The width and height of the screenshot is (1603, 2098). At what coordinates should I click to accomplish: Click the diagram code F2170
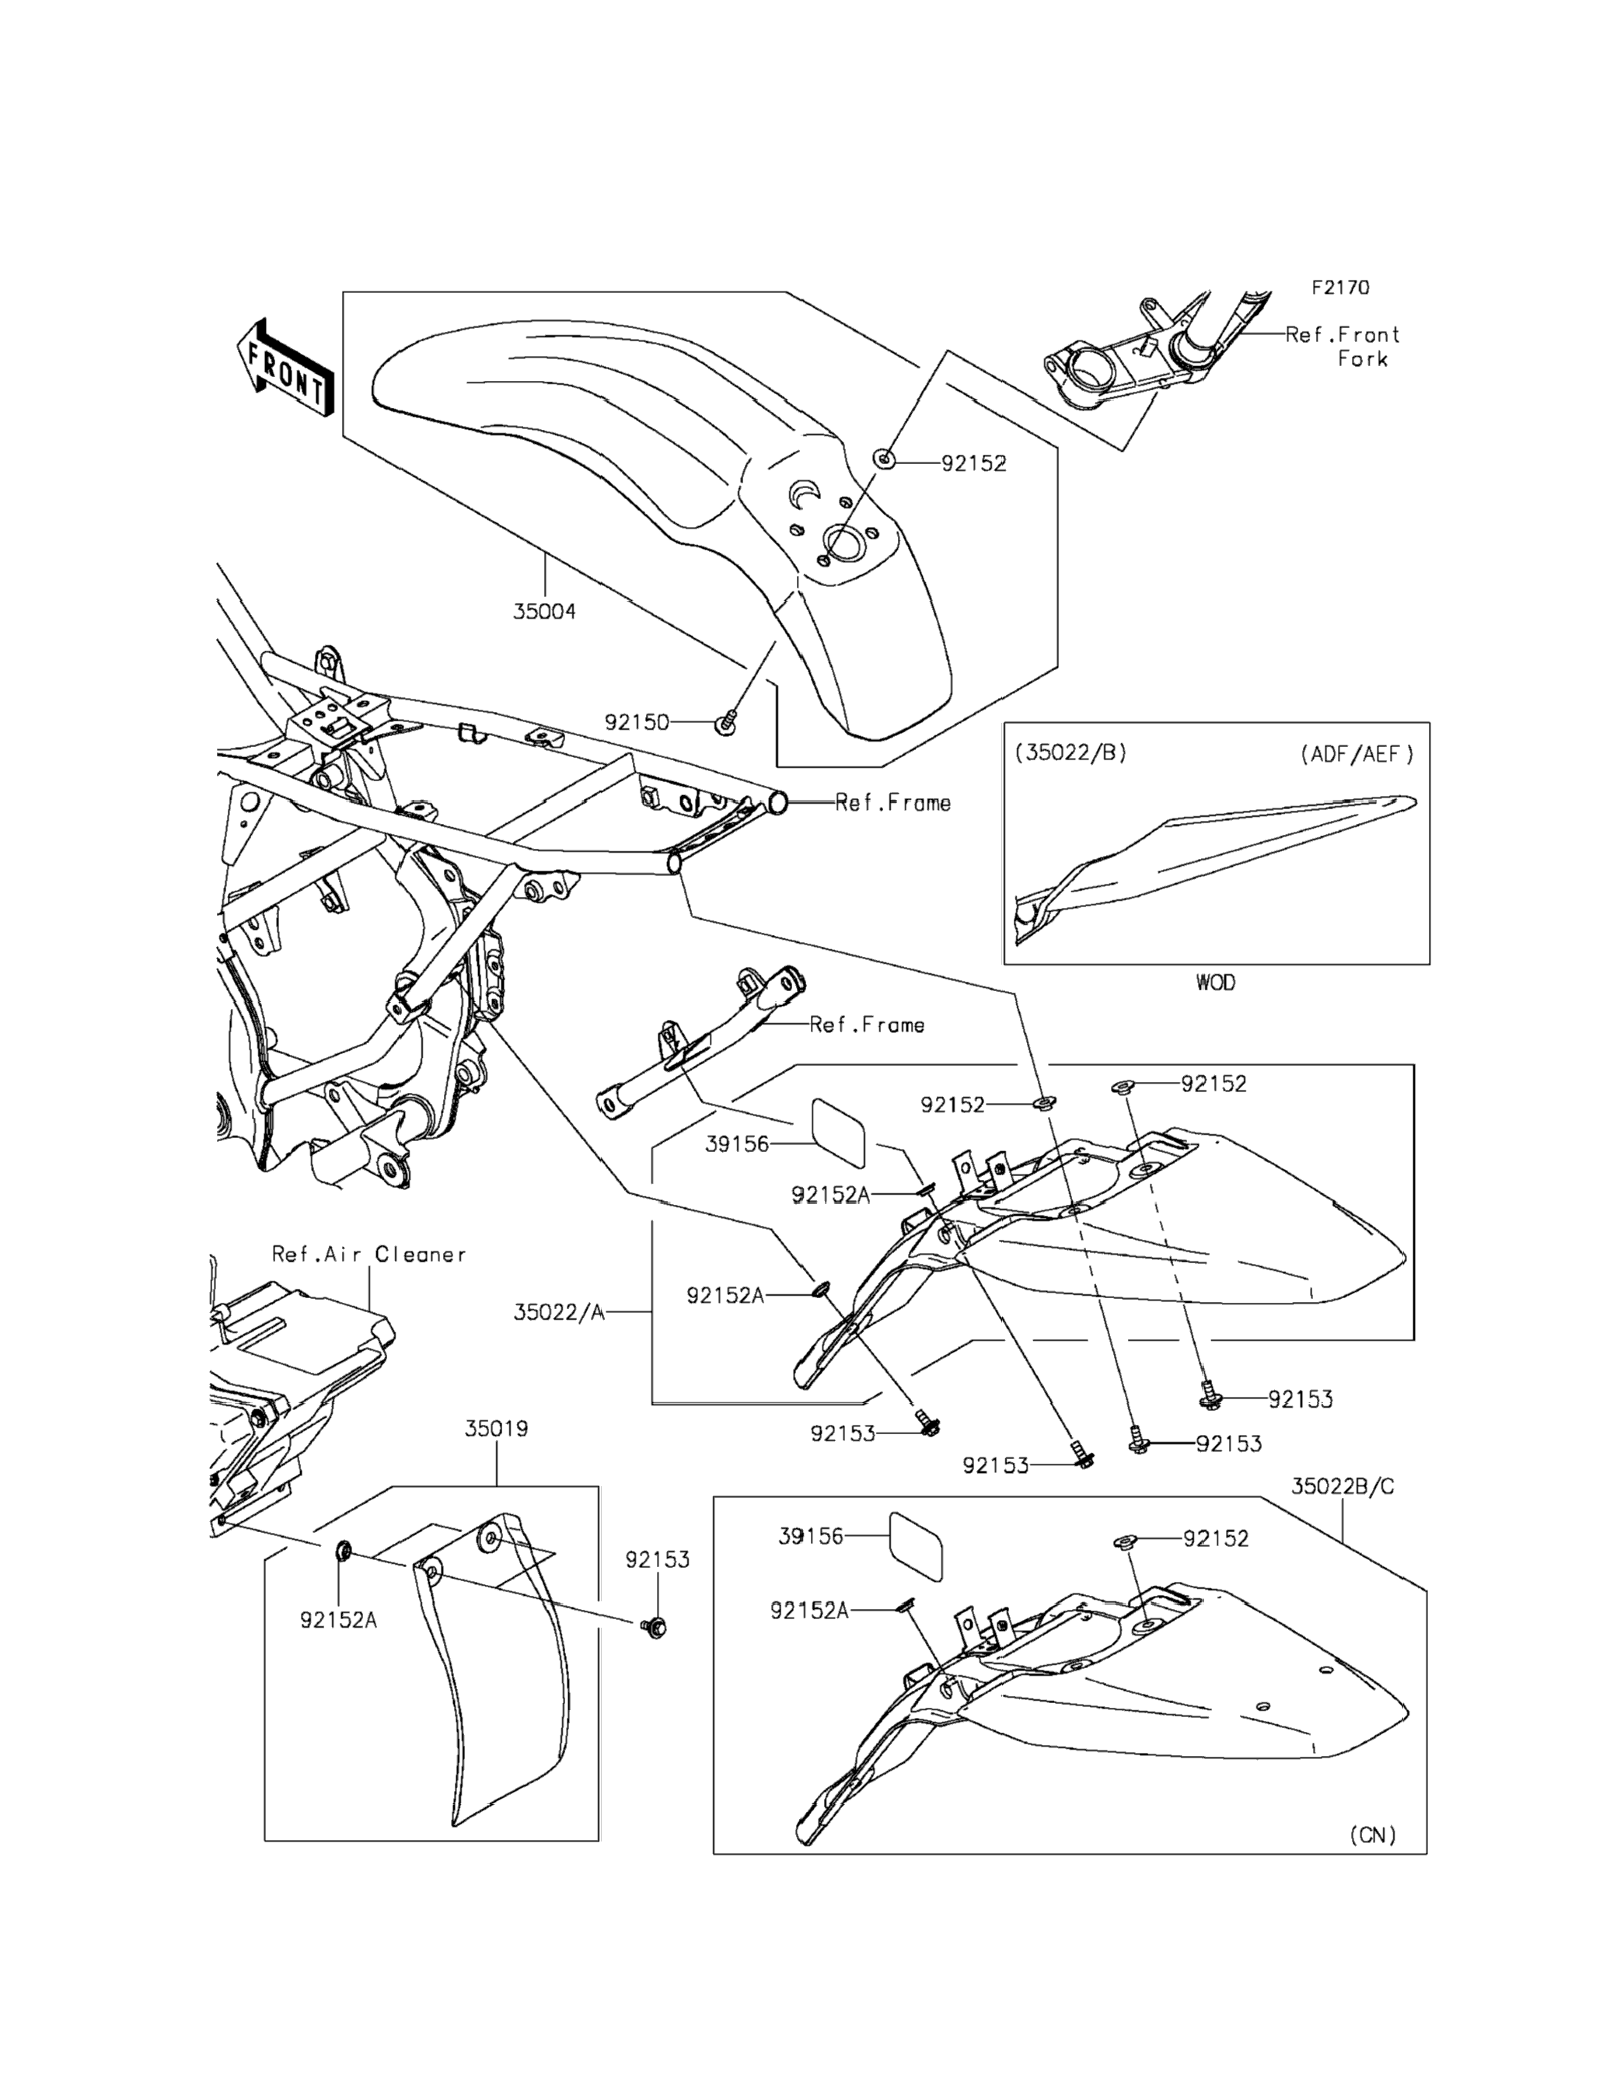click(1339, 287)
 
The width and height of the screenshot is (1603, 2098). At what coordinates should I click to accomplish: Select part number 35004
click(544, 612)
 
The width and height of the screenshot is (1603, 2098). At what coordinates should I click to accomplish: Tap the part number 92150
click(637, 722)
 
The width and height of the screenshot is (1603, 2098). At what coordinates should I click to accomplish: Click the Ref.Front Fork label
click(1343, 347)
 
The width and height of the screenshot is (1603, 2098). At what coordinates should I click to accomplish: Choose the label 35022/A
click(559, 1312)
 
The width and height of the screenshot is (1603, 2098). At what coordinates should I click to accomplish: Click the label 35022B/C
click(1343, 1486)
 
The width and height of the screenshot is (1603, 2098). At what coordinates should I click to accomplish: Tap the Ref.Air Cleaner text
click(368, 1254)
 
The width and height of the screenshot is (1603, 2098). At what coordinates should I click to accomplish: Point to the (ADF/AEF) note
click(1356, 754)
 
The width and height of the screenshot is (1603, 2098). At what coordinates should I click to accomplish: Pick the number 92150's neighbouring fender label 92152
click(973, 464)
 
